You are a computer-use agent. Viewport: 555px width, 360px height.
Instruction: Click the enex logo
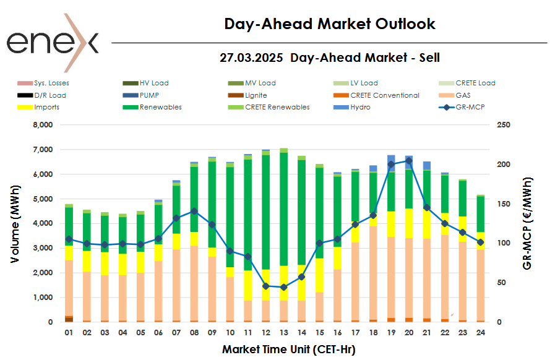point(53,42)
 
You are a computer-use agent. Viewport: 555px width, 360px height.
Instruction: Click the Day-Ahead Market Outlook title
point(330,24)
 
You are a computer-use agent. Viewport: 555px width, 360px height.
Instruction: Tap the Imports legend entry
point(47,107)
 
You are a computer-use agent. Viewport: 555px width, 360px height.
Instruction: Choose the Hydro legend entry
point(361,107)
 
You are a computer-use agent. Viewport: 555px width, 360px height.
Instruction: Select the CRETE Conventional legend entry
point(384,95)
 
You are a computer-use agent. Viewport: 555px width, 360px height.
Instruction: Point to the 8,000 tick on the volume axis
point(43,125)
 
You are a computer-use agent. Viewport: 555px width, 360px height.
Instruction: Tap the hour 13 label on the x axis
point(284,333)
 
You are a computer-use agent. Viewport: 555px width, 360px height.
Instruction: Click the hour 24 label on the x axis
point(481,333)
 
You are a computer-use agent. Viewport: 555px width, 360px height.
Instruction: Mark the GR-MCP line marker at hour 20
point(409,161)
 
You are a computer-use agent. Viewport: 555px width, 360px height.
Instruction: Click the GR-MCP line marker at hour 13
point(284,287)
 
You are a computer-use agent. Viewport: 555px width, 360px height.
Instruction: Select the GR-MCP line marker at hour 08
point(194,211)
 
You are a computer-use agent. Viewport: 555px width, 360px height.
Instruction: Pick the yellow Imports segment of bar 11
point(248,285)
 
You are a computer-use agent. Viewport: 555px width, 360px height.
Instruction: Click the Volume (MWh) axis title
point(17,223)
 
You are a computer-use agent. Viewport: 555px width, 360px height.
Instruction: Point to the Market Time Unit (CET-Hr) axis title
point(288,349)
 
